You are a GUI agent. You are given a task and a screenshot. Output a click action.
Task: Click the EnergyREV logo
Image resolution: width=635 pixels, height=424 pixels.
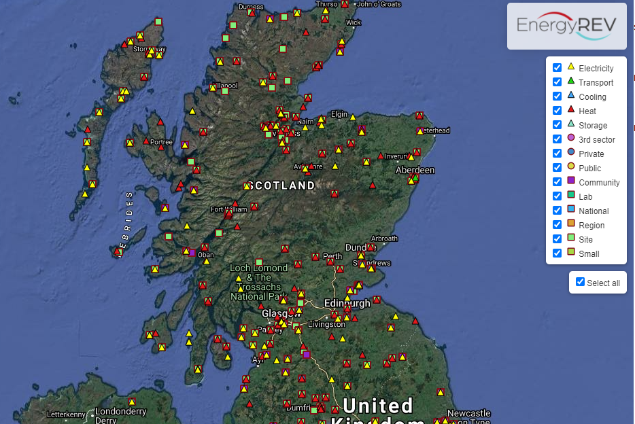(566, 26)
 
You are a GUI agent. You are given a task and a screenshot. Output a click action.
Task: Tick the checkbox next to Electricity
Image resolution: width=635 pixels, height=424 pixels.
(557, 68)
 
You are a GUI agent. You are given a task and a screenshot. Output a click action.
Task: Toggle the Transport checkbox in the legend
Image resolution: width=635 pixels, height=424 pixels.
(557, 82)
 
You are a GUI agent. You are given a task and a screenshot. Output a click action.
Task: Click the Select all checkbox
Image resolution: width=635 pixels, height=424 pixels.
(580, 282)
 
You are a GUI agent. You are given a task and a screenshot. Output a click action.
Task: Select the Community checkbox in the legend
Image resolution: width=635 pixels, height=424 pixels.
(557, 182)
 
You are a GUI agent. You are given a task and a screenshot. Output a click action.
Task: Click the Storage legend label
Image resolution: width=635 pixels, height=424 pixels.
(593, 126)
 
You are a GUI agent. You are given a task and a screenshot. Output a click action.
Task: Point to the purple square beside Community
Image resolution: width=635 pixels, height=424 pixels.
(571, 181)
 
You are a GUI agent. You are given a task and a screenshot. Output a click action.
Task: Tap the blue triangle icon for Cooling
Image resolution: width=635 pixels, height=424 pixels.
(571, 96)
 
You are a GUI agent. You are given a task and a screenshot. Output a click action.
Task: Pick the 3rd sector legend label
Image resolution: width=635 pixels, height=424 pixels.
(597, 140)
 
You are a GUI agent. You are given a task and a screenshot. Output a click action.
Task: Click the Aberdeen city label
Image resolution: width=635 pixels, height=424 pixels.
(415, 170)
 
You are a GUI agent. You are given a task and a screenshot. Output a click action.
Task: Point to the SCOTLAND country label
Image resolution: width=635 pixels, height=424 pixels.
(281, 185)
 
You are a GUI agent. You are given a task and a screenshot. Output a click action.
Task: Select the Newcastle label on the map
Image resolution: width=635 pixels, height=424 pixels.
(468, 413)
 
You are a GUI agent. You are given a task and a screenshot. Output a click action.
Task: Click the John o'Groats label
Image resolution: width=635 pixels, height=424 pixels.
(379, 4)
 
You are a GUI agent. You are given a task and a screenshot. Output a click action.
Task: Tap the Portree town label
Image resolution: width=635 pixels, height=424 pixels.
(161, 142)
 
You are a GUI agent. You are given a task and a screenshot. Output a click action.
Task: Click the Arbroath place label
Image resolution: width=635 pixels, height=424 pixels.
(384, 238)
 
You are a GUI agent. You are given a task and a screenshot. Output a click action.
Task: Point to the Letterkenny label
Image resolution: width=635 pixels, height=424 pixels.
(66, 414)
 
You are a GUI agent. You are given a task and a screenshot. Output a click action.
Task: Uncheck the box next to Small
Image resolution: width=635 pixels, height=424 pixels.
(557, 253)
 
